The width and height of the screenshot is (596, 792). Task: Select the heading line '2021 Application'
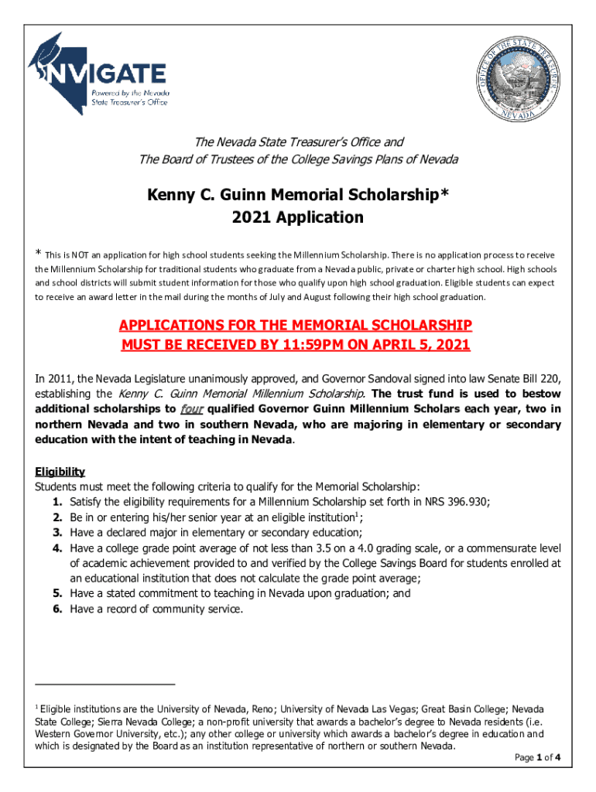297,217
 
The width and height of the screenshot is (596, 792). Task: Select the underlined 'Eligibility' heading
60,472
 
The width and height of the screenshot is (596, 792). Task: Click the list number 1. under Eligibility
58,501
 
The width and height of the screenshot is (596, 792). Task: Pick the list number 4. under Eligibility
58,548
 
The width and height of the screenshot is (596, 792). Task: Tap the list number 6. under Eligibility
58,609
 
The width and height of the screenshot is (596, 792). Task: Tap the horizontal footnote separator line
105,684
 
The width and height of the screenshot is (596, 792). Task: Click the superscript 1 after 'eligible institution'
356,514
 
